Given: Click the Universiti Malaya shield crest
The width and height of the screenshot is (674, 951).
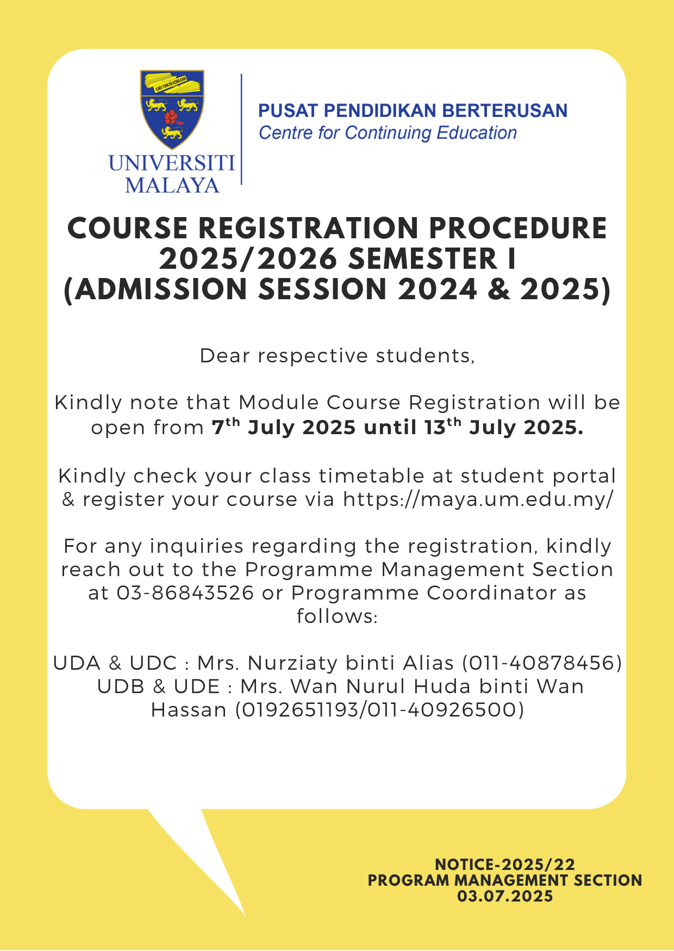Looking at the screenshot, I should pyautogui.click(x=172, y=109).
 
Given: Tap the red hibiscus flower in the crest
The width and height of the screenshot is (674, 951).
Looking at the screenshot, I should pyautogui.click(x=172, y=116).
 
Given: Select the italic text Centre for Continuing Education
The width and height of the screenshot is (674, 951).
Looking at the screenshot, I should pyautogui.click(x=388, y=133).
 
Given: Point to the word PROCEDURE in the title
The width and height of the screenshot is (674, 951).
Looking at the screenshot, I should pyautogui.click(x=518, y=229).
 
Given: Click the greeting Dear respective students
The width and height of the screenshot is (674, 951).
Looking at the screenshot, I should pyautogui.click(x=337, y=356).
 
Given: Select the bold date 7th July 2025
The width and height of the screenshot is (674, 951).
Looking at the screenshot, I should pyautogui.click(x=283, y=428).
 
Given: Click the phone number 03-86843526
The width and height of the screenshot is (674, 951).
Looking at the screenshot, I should pyautogui.click(x=185, y=593).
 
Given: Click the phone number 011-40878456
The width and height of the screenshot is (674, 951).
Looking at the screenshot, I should pyautogui.click(x=541, y=663).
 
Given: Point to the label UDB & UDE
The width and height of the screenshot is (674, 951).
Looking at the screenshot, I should pyautogui.click(x=158, y=687).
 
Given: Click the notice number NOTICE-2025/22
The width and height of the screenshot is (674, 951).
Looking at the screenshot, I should pyautogui.click(x=505, y=864).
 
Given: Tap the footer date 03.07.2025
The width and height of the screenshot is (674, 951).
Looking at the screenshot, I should pyautogui.click(x=505, y=896).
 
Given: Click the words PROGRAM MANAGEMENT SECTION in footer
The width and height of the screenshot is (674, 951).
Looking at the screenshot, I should pyautogui.click(x=505, y=880).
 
